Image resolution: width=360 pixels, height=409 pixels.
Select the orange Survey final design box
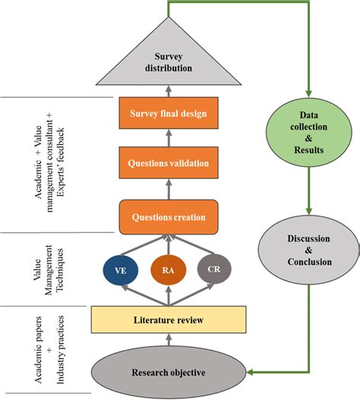pos(168,115)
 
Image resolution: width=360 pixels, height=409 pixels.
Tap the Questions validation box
pos(168,162)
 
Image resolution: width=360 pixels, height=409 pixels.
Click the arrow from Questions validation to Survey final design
pos(168,138)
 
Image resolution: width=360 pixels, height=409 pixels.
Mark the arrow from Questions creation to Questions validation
pos(168,188)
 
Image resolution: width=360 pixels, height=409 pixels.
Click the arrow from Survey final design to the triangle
pos(168,93)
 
